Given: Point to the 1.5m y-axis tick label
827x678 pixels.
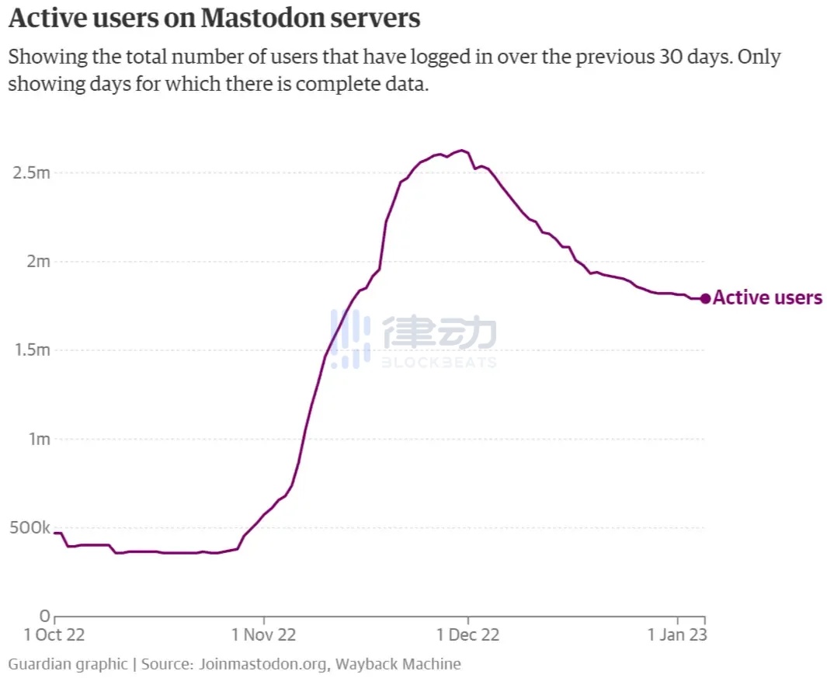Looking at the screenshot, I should (x=33, y=350).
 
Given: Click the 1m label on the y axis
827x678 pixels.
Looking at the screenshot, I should (x=38, y=440).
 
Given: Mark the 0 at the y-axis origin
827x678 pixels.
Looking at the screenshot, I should (x=45, y=617).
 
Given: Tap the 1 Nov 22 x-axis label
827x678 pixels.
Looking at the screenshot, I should (x=263, y=635).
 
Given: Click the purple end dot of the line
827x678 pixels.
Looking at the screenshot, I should (x=705, y=298).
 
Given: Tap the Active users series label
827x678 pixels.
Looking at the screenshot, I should (x=767, y=298).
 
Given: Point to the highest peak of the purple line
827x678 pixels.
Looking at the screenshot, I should (x=462, y=150).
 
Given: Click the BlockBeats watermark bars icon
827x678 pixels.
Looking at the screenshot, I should (x=350, y=339).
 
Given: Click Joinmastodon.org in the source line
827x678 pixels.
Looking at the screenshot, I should (x=264, y=664).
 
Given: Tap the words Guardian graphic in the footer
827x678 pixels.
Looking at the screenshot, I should (x=68, y=664).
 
